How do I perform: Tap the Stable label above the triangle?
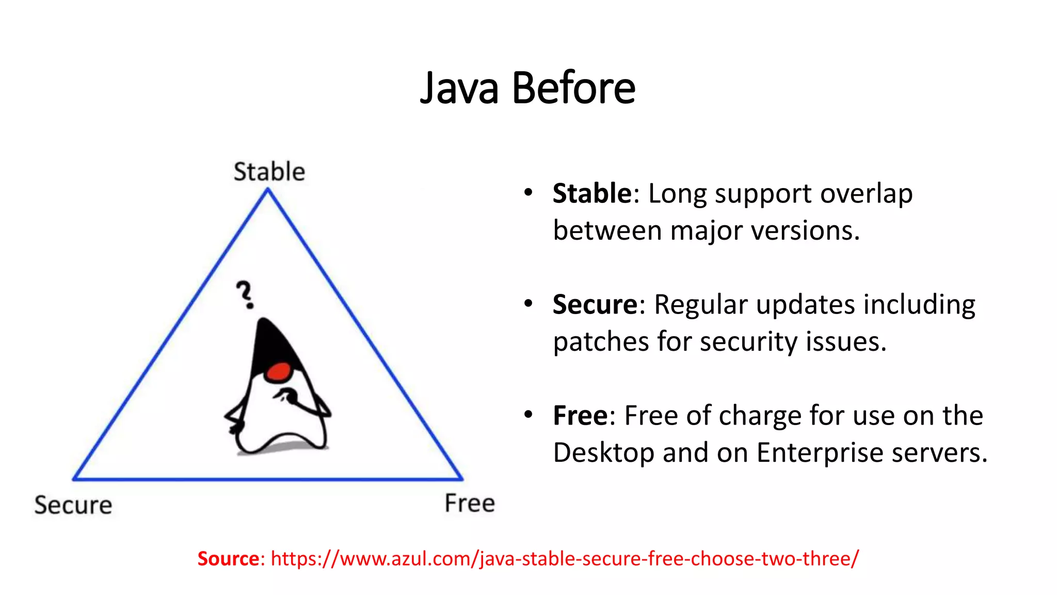(269, 171)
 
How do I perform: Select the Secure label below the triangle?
(73, 505)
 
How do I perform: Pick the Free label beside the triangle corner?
(470, 503)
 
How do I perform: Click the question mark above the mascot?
(245, 294)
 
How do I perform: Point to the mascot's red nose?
(280, 371)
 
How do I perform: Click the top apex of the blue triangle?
(268, 190)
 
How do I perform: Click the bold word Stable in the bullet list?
(592, 194)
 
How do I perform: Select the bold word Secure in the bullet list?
(595, 304)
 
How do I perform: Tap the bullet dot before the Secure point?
(527, 303)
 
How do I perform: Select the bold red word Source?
(228, 558)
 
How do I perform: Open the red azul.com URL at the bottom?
(565, 558)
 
